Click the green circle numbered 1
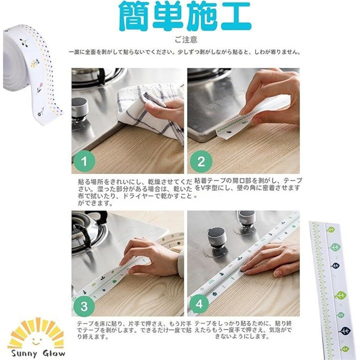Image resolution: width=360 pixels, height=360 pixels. click(84, 161)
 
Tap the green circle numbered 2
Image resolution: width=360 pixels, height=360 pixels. click(201, 161)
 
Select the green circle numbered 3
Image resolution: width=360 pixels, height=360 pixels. click(84, 306)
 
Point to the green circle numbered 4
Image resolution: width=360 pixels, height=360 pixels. click(199, 304)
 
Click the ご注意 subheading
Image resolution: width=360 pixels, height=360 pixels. click(186, 39)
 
